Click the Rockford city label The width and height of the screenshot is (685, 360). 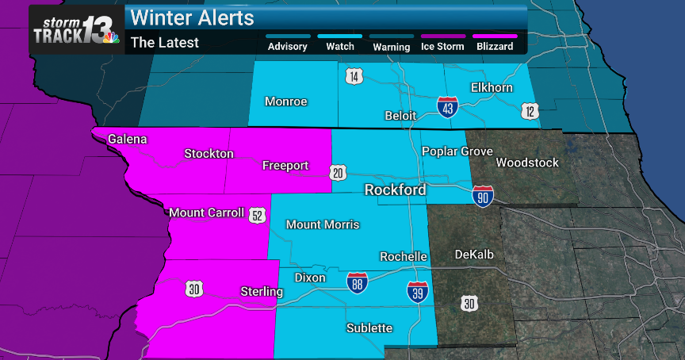pyautogui.click(x=395, y=190)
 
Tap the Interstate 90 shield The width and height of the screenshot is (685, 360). pyautogui.click(x=482, y=196)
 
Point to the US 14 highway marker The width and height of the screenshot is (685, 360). pyautogui.click(x=353, y=77)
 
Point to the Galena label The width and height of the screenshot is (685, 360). pyautogui.click(x=128, y=139)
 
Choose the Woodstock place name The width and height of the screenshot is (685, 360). pyautogui.click(x=526, y=163)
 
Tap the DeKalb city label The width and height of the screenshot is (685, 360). pyautogui.click(x=474, y=255)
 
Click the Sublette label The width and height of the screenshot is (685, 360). pyautogui.click(x=369, y=327)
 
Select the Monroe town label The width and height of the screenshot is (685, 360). pyautogui.click(x=285, y=101)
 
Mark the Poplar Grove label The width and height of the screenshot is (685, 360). pyautogui.click(x=457, y=151)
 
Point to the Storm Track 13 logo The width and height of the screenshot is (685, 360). pyautogui.click(x=76, y=29)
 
